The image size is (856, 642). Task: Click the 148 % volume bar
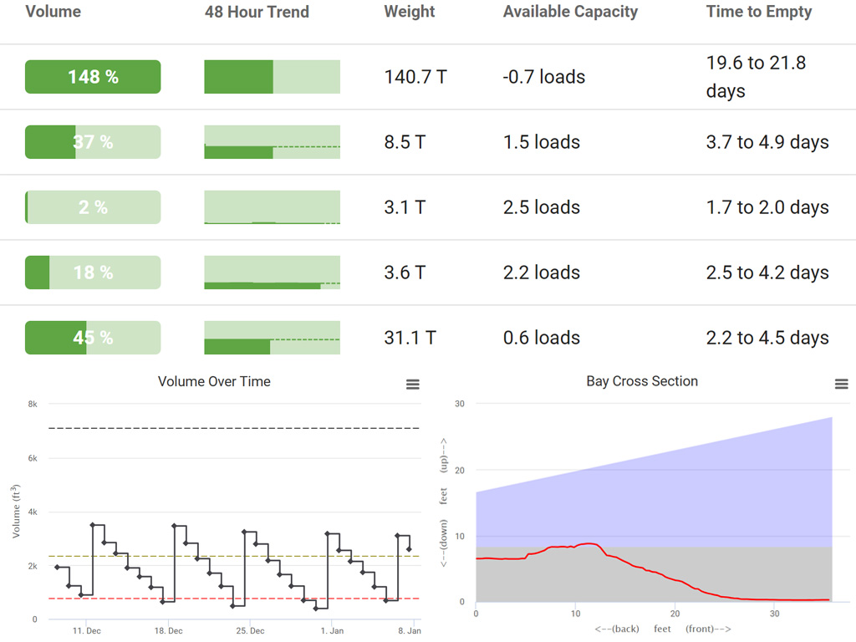tap(93, 77)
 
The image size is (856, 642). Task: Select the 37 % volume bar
tap(93, 142)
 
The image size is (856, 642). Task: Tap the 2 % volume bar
tap(93, 207)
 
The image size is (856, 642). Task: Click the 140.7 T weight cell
tap(415, 77)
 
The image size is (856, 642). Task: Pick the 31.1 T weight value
tap(410, 338)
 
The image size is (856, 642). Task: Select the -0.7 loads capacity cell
tap(543, 77)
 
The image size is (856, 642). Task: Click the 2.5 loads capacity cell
tap(541, 207)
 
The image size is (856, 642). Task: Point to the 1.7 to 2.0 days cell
tap(767, 207)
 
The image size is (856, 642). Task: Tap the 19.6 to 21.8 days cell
tap(756, 77)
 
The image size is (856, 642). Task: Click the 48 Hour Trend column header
tap(257, 12)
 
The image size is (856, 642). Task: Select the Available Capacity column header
tap(570, 12)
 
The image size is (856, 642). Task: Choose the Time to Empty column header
tap(759, 12)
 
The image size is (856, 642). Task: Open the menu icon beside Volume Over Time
tap(412, 385)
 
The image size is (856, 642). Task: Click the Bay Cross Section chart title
tap(642, 381)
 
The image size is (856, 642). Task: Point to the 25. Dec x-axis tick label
tap(251, 630)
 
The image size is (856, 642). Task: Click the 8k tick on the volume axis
tap(33, 404)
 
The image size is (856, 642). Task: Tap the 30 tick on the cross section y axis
tap(459, 404)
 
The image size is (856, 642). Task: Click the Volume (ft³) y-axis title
tap(17, 510)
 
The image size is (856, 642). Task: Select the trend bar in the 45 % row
tap(272, 338)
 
